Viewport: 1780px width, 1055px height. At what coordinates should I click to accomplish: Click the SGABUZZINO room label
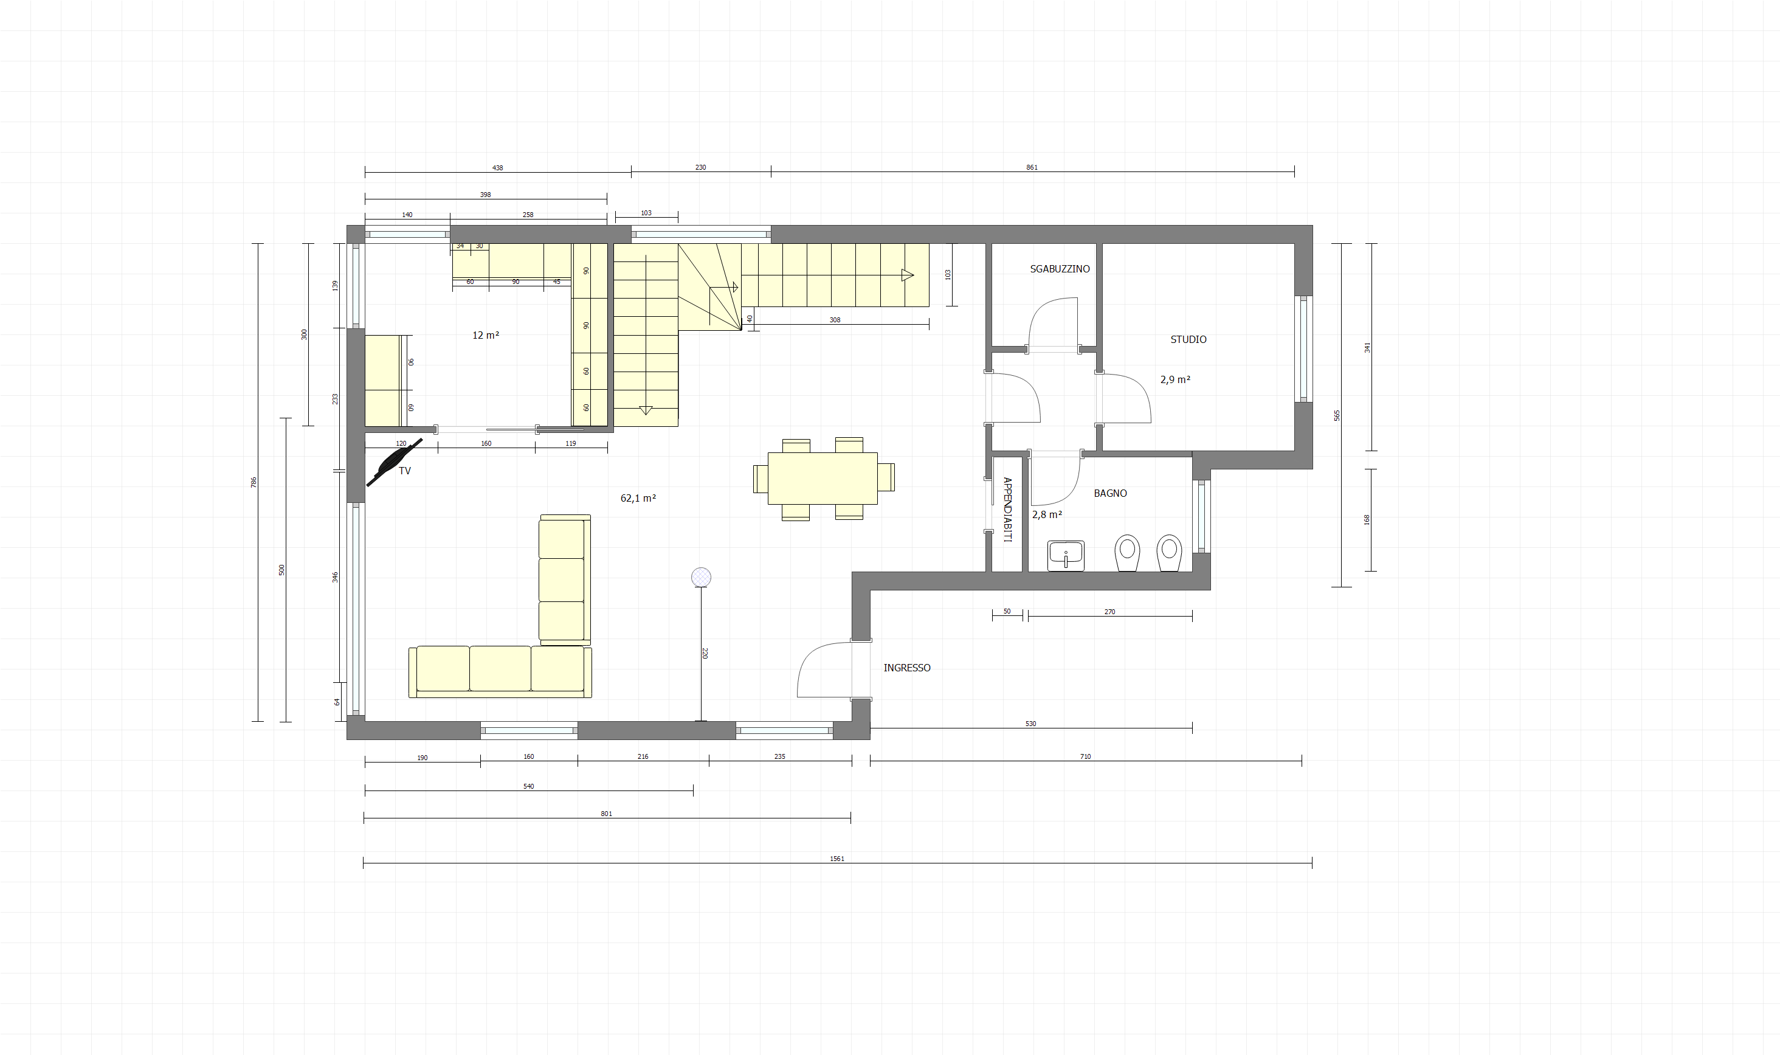coord(1060,269)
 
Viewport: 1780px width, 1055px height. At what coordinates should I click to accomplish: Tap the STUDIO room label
coord(1188,340)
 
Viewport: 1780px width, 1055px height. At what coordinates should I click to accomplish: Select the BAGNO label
coord(1110,493)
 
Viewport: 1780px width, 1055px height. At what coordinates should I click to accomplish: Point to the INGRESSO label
coord(906,668)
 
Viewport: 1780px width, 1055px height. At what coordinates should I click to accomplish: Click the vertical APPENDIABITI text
coord(1007,510)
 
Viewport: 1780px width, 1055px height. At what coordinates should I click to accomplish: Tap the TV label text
coord(404,471)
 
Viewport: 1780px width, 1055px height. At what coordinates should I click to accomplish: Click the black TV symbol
coord(395,462)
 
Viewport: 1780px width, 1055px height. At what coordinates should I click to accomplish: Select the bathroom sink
coord(1066,556)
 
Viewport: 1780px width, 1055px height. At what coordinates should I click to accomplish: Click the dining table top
coord(823,479)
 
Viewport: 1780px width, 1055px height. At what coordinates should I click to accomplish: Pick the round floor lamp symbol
coord(702,576)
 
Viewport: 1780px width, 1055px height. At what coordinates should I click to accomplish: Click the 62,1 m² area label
coord(638,499)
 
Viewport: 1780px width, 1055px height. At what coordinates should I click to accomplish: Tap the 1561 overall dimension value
coord(837,859)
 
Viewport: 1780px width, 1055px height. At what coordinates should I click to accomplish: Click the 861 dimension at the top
coord(1032,168)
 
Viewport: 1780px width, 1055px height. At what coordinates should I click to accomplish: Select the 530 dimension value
coord(1031,724)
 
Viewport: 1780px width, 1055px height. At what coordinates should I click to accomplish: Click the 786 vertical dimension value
coord(254,482)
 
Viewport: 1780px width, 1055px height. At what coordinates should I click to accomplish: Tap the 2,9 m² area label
coord(1175,379)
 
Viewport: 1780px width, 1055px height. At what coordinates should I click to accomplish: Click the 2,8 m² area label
coord(1047,514)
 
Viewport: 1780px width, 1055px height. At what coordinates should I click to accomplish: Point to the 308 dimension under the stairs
coord(835,320)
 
